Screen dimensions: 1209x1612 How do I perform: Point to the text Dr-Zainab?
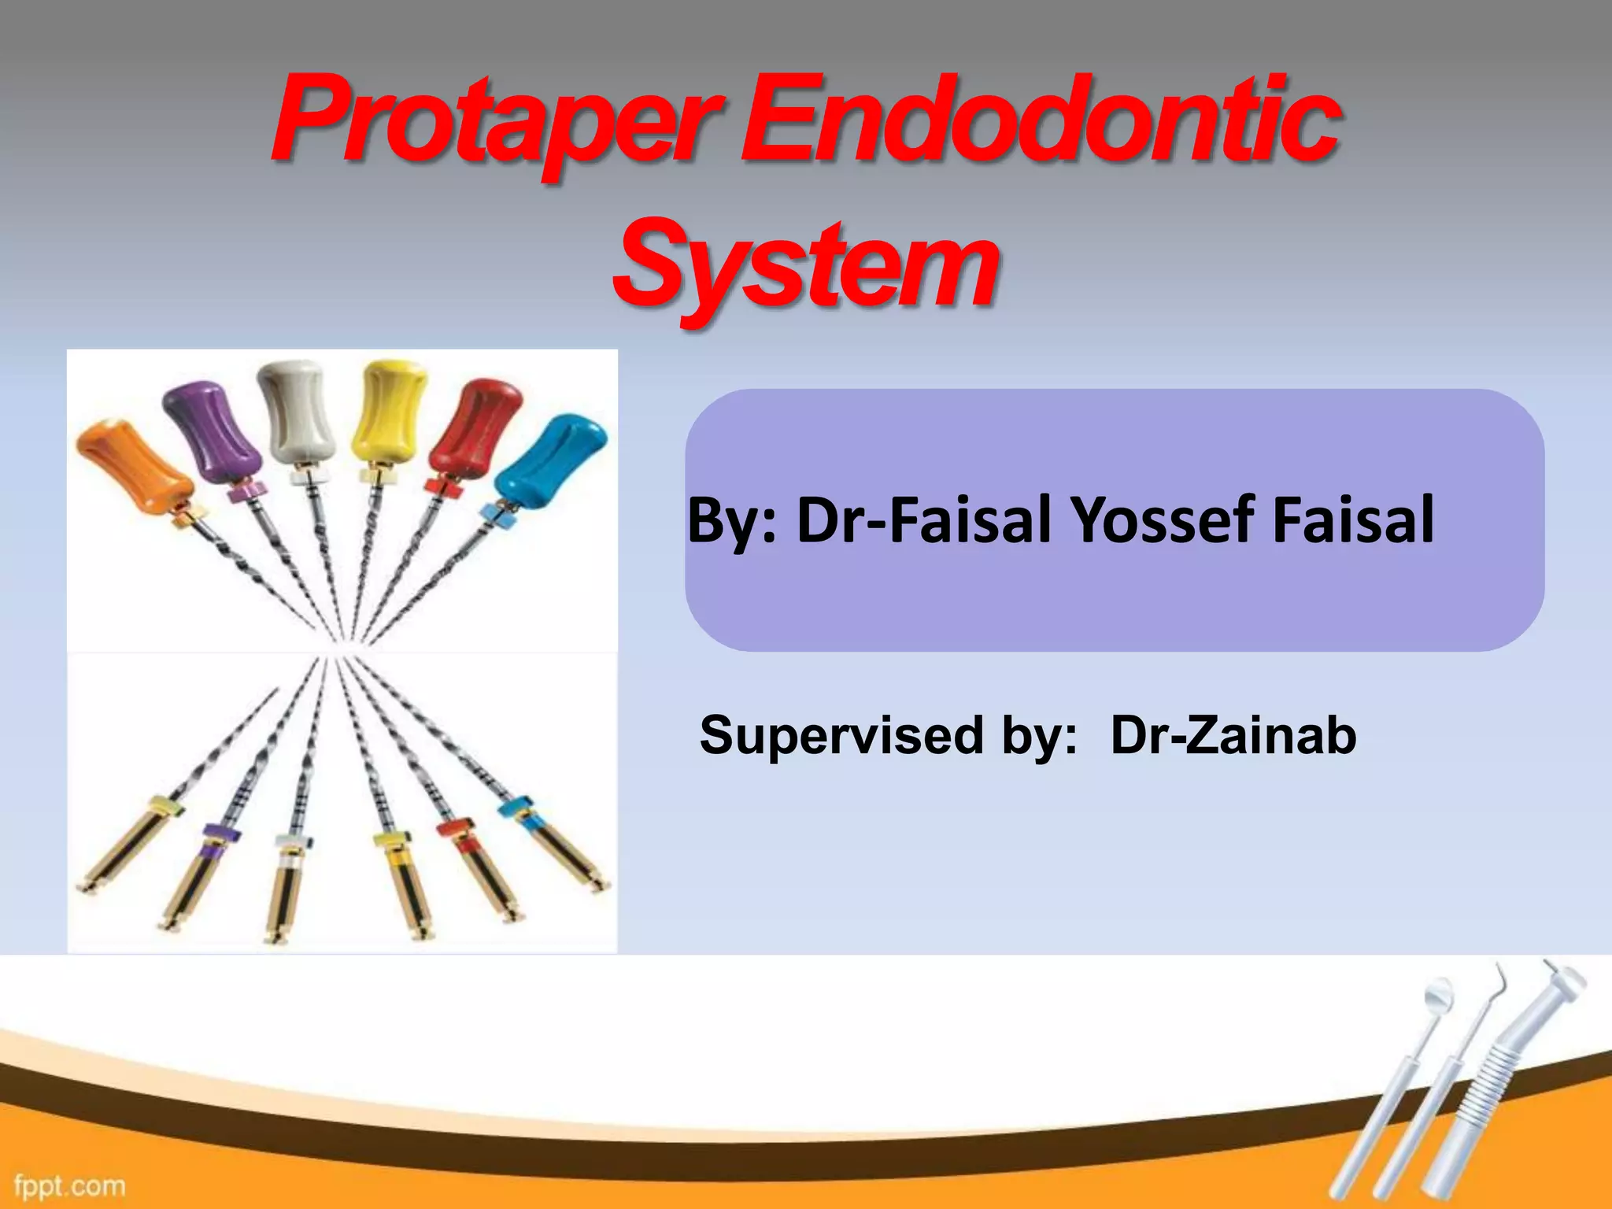point(1233,735)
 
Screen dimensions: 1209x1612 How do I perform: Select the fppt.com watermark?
point(69,1185)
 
